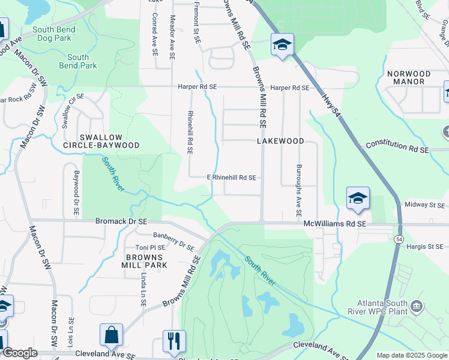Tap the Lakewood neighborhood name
tap(280, 141)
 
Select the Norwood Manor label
tap(409, 78)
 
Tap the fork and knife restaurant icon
tap(175, 341)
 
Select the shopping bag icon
tap(112, 335)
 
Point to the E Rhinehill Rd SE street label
tap(232, 178)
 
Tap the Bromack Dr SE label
tap(121, 221)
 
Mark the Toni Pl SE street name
tap(149, 247)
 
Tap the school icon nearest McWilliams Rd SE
tap(357, 199)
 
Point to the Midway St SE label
tap(425, 205)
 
